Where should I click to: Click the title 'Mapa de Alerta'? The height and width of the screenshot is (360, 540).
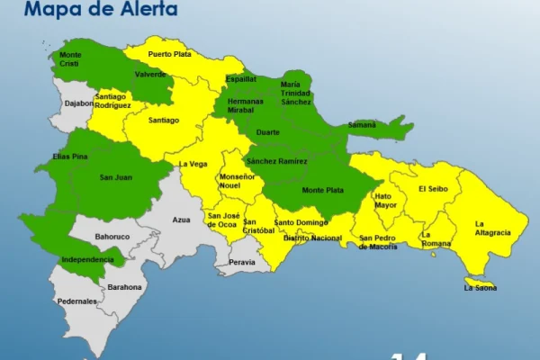[x=101, y=11]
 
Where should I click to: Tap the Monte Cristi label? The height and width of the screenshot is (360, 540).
[x=69, y=59]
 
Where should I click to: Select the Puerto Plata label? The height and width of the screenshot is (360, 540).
[x=170, y=53]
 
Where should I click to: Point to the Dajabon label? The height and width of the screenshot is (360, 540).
[x=79, y=103]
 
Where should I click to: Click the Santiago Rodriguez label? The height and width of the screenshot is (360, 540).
[x=112, y=101]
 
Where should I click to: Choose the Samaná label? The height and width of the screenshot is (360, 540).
[x=362, y=124]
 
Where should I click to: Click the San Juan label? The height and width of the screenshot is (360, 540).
[x=115, y=177]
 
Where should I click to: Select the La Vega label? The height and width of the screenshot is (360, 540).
[x=193, y=164]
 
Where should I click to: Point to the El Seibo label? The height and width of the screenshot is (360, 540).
[x=434, y=189]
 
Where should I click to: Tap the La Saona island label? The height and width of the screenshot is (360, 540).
[x=480, y=288]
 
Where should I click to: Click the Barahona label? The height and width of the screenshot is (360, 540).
[x=124, y=287]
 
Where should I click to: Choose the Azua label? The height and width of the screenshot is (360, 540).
[x=181, y=219]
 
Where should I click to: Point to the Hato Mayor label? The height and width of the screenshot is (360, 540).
[x=385, y=200]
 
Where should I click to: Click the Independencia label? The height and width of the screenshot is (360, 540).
[x=87, y=259]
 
